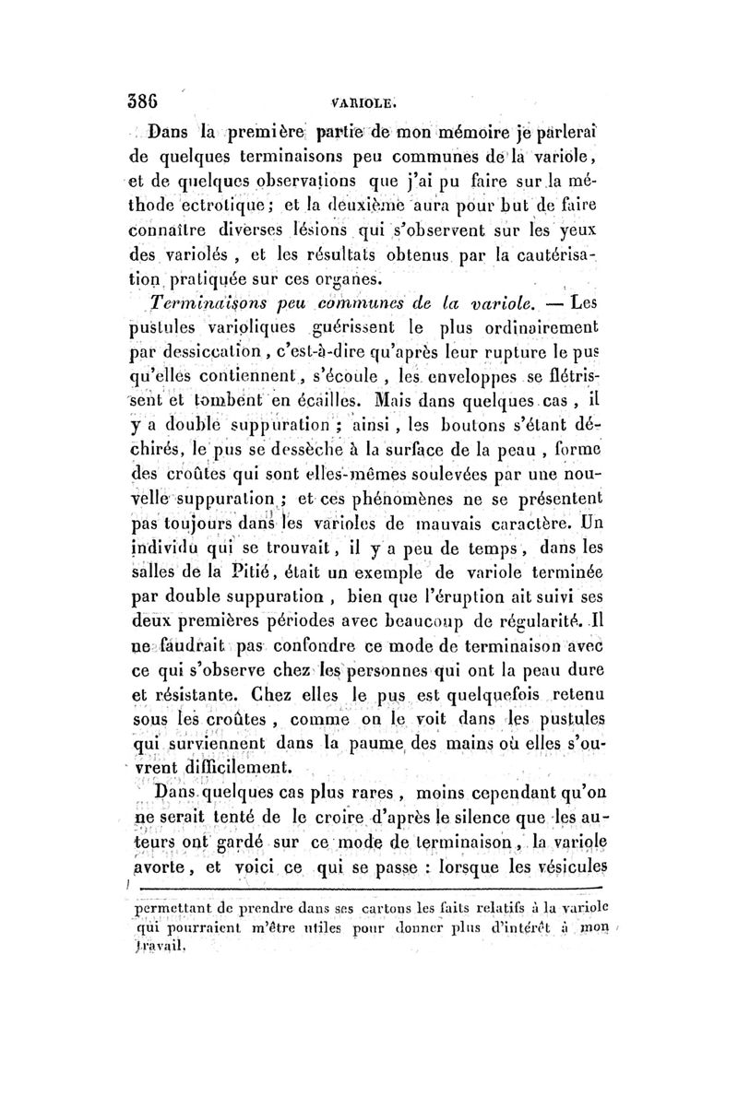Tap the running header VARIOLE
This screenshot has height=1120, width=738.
coord(367,105)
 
